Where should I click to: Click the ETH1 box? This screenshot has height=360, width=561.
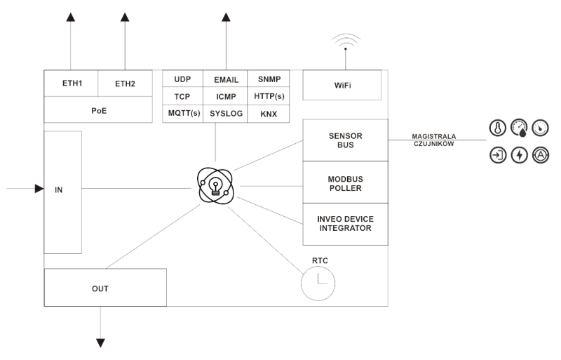tap(72, 84)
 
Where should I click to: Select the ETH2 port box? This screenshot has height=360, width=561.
tap(126, 84)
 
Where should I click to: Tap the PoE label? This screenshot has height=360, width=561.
tap(99, 109)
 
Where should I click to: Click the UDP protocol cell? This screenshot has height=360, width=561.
tap(183, 79)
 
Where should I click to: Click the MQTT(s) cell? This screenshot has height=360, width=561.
tap(183, 113)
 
